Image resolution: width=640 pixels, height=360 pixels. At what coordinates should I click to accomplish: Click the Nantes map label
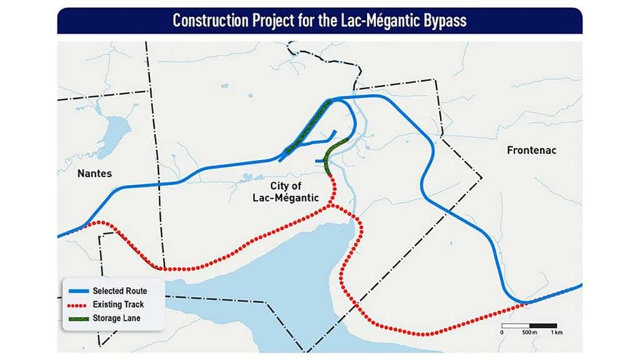[x=94, y=173]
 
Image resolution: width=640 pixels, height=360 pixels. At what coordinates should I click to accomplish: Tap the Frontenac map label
[x=531, y=151]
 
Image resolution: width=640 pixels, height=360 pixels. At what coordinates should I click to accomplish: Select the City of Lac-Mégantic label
[x=287, y=192]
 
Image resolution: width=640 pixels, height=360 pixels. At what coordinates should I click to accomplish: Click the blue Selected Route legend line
[x=77, y=291]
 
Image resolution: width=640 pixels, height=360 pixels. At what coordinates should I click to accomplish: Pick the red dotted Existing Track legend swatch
[x=77, y=304]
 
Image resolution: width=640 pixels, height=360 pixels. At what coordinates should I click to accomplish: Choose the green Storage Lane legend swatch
[x=77, y=318]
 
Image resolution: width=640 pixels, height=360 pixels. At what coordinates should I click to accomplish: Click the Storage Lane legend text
[x=116, y=318]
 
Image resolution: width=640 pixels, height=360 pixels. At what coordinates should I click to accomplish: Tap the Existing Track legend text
[x=119, y=304]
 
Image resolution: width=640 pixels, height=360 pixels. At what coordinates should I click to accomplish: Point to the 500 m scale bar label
[x=529, y=332]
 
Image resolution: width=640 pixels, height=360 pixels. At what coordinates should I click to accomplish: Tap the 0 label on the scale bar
[x=502, y=332]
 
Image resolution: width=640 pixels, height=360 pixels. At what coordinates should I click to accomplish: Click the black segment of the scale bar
[x=543, y=326]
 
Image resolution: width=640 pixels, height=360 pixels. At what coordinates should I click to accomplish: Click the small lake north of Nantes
[x=115, y=130]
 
